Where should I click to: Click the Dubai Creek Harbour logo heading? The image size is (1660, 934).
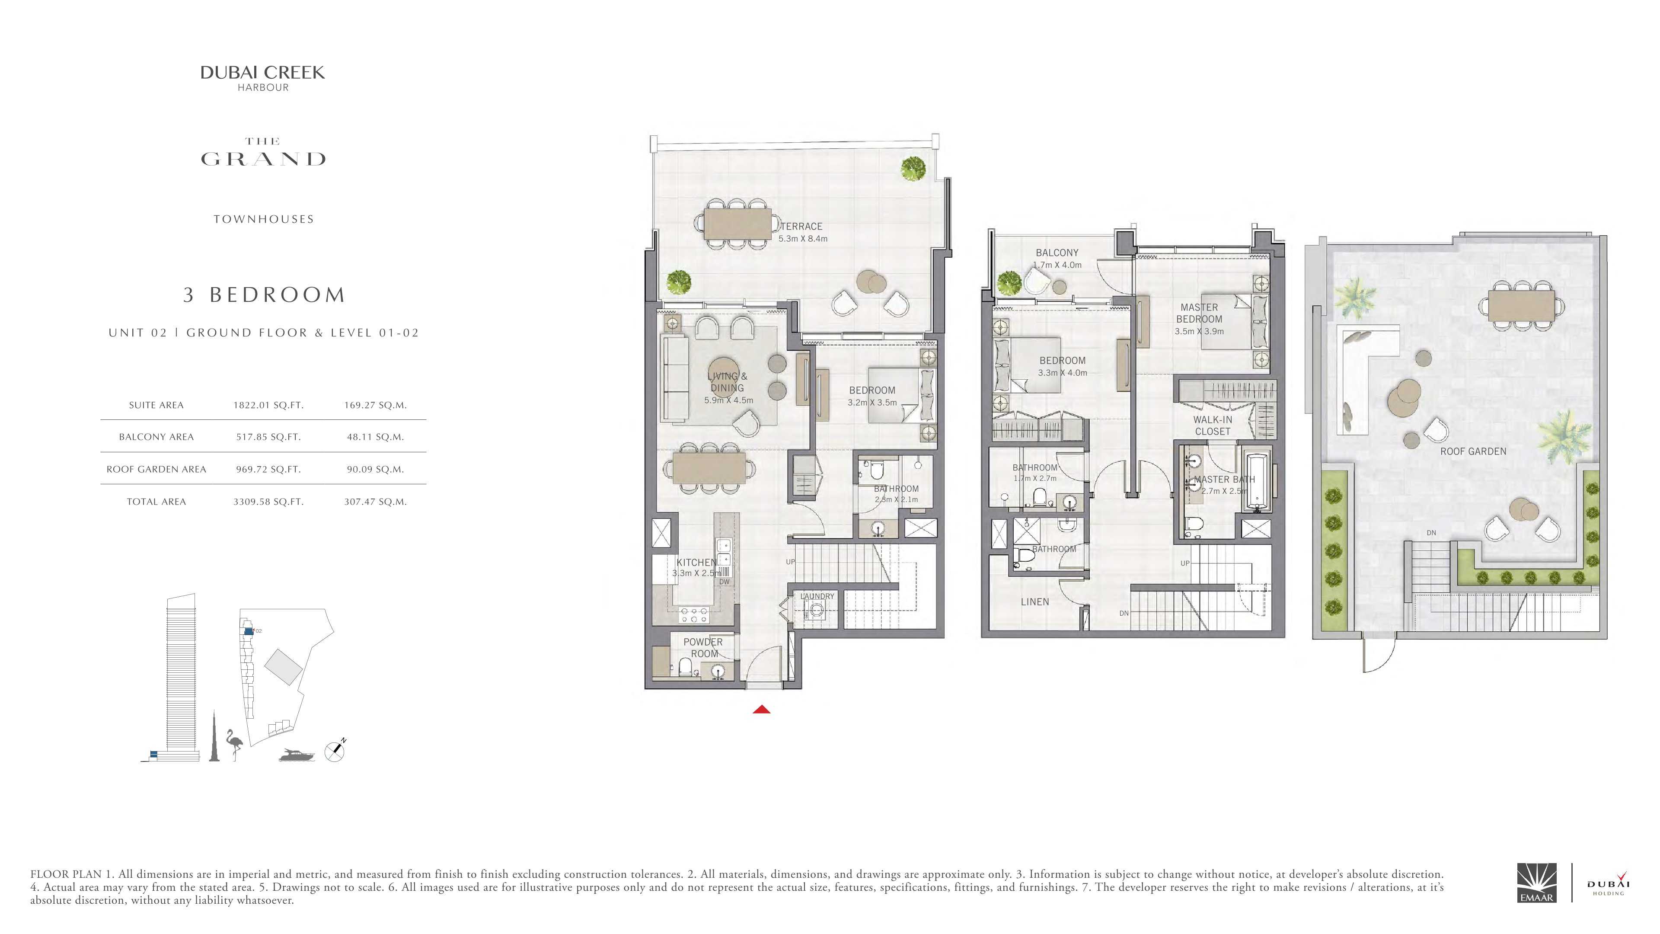262,78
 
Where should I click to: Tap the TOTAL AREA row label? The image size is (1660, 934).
156,502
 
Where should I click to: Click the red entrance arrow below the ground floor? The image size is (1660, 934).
762,710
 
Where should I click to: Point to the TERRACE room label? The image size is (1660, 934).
801,226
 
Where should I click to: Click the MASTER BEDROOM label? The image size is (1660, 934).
1199,313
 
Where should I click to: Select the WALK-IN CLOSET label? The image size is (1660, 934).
1212,425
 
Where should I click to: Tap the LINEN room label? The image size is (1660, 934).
1035,602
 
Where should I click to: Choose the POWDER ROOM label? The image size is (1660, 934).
703,648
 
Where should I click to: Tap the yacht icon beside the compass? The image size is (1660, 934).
297,754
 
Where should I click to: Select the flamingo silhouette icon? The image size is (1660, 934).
233,745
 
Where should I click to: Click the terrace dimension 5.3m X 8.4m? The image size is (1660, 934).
803,239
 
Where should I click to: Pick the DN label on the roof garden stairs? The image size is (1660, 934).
1431,533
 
